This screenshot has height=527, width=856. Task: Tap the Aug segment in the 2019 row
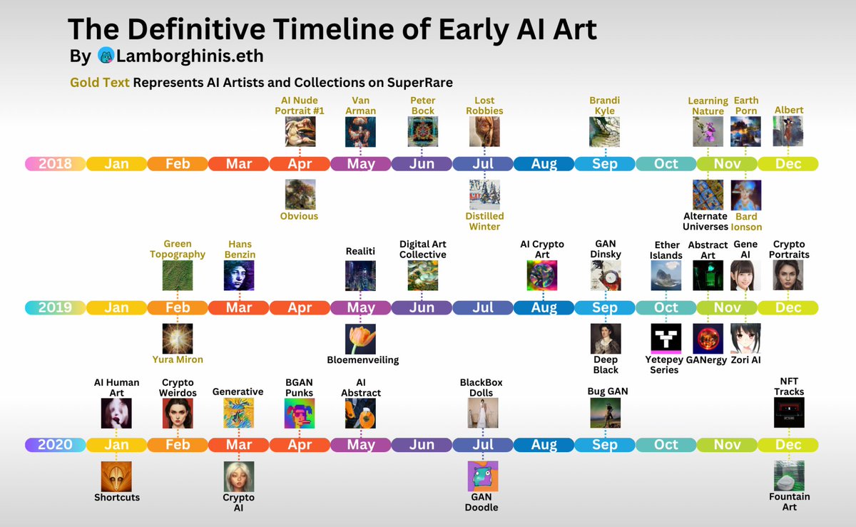pos(544,308)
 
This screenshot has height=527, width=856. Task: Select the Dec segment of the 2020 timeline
pos(788,445)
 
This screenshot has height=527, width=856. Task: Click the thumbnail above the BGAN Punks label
pos(300,413)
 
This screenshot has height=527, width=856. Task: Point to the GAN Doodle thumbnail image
pos(483,476)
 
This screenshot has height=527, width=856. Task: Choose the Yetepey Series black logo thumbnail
pos(666,339)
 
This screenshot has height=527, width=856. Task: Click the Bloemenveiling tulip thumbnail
pos(360,339)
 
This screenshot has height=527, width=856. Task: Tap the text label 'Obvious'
pos(300,216)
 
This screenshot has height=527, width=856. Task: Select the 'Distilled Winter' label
pos(484,221)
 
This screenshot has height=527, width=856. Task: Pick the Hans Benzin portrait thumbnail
pos(238,275)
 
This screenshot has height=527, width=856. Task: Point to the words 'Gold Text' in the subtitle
pos(100,83)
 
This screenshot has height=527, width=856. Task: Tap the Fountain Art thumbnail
pos(789,476)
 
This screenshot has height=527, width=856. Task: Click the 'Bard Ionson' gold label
pos(746,222)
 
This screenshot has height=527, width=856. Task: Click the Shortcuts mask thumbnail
pos(116,476)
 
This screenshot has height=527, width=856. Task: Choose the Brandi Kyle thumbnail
pos(605,132)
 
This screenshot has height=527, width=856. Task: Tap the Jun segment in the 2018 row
pos(422,164)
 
